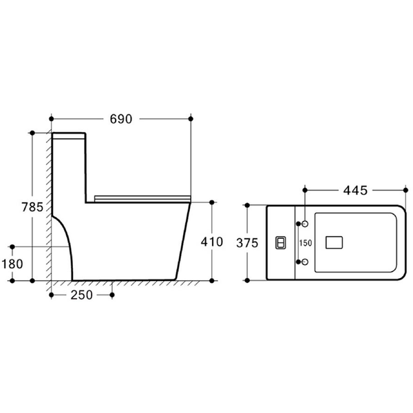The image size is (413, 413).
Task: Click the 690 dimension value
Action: pyautogui.click(x=121, y=119)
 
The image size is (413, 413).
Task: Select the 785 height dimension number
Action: pyautogui.click(x=32, y=207)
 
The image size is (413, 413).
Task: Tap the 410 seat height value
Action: pyautogui.click(x=212, y=242)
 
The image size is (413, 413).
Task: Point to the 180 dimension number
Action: pyautogui.click(x=12, y=264)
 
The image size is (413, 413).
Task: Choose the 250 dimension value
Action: pyautogui.click(x=82, y=295)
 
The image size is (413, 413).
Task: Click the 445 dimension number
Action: pyautogui.click(x=355, y=191)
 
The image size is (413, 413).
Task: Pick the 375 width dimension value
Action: pyautogui.click(x=247, y=243)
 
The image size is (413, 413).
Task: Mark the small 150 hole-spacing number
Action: pyautogui.click(x=305, y=243)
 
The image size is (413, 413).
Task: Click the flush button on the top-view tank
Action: pyautogui.click(x=281, y=242)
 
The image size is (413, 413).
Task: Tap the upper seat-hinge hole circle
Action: pyautogui.click(x=305, y=224)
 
